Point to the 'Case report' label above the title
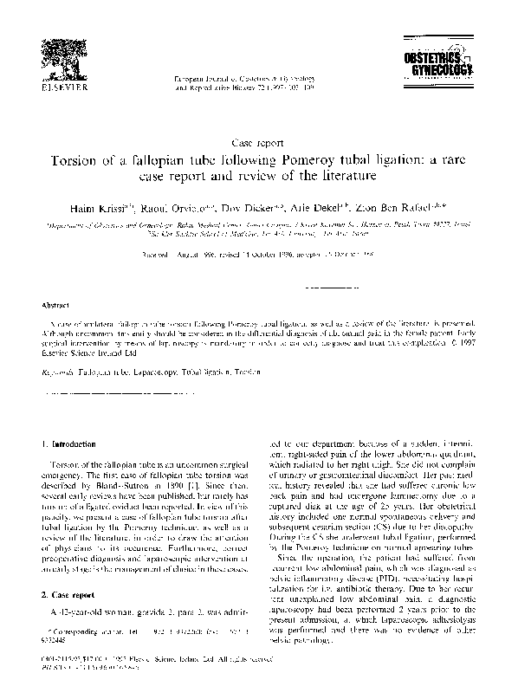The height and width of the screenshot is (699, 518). coord(259,141)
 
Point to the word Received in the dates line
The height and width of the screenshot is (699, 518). coord(157,256)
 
